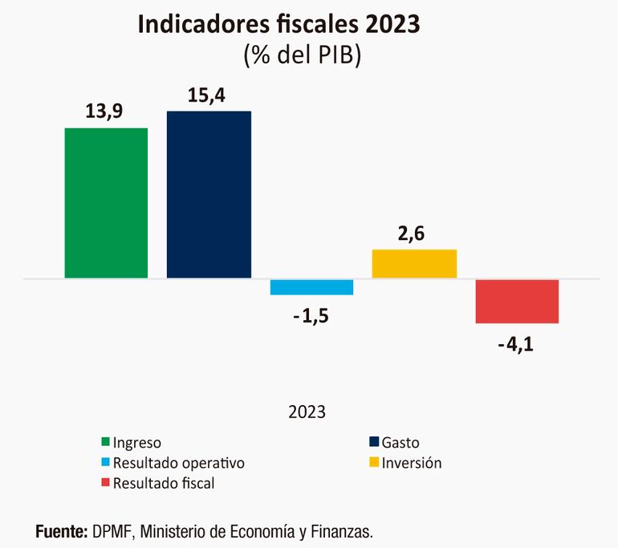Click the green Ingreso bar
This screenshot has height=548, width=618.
pyautogui.click(x=106, y=203)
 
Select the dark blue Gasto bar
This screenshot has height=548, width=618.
pyautogui.click(x=209, y=195)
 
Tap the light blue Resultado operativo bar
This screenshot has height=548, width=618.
pyautogui.click(x=311, y=287)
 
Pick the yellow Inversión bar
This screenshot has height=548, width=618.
pyautogui.click(x=414, y=264)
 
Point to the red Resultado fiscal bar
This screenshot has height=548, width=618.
pyautogui.click(x=517, y=301)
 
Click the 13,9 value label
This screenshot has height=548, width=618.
pyautogui.click(x=105, y=113)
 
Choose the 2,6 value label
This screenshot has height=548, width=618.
pyautogui.click(x=414, y=234)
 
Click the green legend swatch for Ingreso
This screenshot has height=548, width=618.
pyautogui.click(x=104, y=442)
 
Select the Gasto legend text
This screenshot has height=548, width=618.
pyautogui.click(x=400, y=442)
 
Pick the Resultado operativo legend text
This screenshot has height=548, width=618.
pyautogui.click(x=179, y=463)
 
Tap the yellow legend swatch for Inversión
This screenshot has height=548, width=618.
pyautogui.click(x=373, y=463)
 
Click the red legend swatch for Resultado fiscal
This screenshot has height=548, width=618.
pyautogui.click(x=104, y=483)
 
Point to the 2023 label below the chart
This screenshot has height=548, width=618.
pyautogui.click(x=307, y=412)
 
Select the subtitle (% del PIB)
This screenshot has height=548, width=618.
pyautogui.click(x=302, y=55)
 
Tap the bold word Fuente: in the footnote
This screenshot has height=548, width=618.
pyautogui.click(x=61, y=531)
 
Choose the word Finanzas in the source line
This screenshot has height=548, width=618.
pyautogui.click(x=344, y=531)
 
